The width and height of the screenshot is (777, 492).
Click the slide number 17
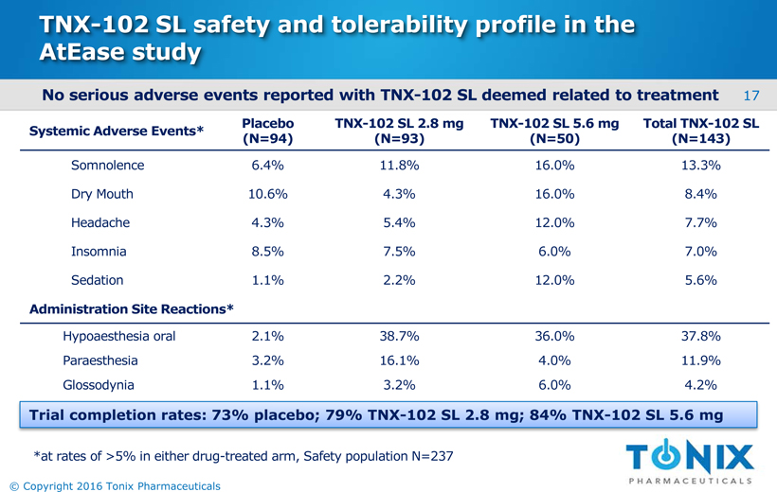pyautogui.click(x=753, y=96)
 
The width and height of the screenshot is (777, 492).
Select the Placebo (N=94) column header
pyautogui.click(x=268, y=132)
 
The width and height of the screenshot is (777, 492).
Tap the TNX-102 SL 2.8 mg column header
pyautogui.click(x=397, y=132)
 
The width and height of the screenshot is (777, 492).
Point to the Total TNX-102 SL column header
pyautogui.click(x=700, y=132)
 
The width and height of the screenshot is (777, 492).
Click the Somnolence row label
pyautogui.click(x=107, y=166)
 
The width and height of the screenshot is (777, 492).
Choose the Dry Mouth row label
pyautogui.click(x=101, y=194)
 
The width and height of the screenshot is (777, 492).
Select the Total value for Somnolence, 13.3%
pyautogui.click(x=700, y=166)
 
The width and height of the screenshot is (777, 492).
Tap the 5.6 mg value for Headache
pyautogui.click(x=553, y=223)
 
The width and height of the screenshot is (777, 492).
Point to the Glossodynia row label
pyautogui.click(x=98, y=385)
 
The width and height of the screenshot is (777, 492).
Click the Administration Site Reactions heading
pyautogui.click(x=132, y=308)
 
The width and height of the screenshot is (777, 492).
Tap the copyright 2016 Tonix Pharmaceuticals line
pyautogui.click(x=113, y=485)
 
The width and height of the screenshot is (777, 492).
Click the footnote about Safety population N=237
pyautogui.click(x=243, y=456)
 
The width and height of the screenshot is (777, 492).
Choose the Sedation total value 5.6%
pyautogui.click(x=700, y=280)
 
